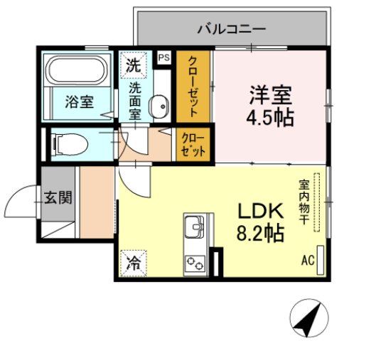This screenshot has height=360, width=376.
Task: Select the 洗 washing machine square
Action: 133,65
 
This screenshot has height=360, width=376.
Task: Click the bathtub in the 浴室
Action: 76,71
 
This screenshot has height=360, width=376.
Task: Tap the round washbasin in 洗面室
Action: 160,107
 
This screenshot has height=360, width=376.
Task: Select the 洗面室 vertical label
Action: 135,100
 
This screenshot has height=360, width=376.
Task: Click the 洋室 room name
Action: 270,94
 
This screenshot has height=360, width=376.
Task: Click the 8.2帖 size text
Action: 260,232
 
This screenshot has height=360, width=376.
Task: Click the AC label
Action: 307,261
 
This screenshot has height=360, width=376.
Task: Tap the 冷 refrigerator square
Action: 133,263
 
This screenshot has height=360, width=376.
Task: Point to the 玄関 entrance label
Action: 57,197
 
